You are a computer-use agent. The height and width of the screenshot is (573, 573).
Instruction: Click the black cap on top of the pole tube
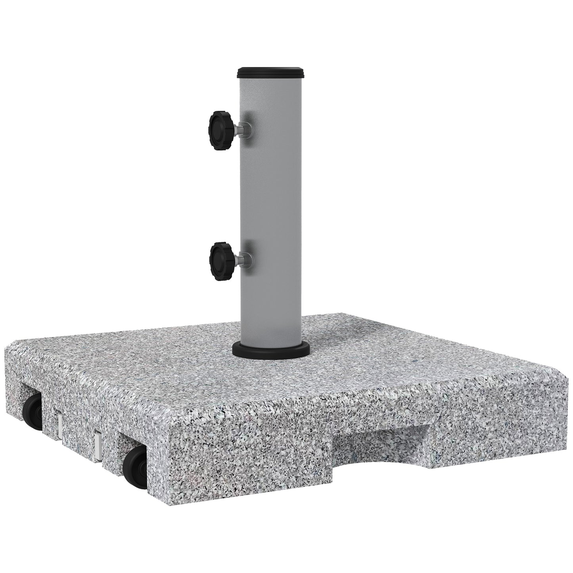(x=272, y=73)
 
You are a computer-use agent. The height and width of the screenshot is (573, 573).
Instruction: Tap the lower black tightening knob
(x=220, y=261)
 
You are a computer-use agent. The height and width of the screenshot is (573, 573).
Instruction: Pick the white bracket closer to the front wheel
(x=98, y=441)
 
